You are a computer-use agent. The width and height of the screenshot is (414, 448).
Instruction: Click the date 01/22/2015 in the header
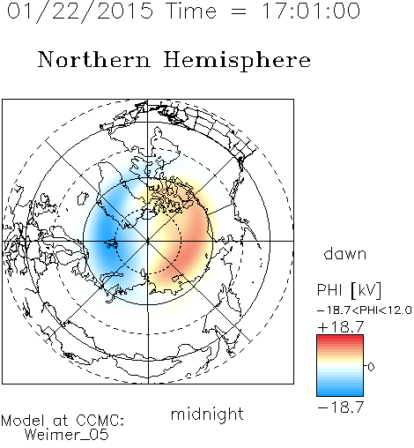pos(80,11)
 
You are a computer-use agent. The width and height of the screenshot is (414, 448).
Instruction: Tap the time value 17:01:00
pos(311,11)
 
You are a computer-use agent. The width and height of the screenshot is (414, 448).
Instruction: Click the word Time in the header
pos(191,11)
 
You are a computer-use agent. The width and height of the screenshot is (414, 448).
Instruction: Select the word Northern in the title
pos(94,59)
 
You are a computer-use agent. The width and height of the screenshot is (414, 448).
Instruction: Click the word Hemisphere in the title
pos(237,61)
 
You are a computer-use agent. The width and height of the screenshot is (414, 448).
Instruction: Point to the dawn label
pos(345,253)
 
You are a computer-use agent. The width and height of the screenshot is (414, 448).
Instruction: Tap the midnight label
pos(207,414)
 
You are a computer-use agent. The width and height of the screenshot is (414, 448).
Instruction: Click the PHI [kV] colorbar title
pos(349,290)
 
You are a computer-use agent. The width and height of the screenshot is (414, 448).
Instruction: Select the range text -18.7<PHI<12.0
pos(365,310)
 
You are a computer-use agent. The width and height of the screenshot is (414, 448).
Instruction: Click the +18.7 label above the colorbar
pos(341,327)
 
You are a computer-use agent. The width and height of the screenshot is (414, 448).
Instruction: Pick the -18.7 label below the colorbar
pos(341,407)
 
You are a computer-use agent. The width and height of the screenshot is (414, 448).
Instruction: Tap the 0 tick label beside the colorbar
pos(371,367)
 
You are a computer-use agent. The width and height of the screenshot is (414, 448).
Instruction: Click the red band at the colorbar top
pos(340,338)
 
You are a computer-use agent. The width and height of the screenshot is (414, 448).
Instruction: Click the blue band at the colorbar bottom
pos(340,392)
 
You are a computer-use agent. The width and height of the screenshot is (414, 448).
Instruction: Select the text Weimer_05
pos(67,435)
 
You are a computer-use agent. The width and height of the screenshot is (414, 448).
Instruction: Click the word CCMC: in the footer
pos(100,421)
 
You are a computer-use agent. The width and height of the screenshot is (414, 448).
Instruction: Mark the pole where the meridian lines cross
pos(148,241)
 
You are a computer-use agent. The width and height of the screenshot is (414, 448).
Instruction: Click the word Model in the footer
pos(23,421)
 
